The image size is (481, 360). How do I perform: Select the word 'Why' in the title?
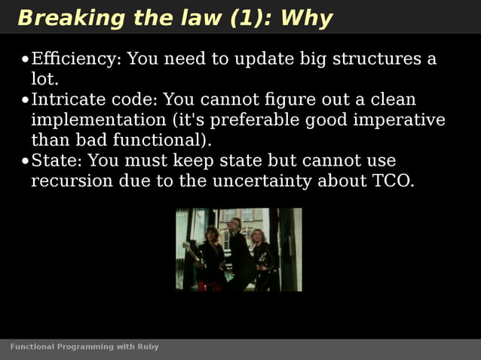click(306, 18)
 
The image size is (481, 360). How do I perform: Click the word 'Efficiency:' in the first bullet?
click(74, 59)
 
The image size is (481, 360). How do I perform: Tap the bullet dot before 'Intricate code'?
click(25, 100)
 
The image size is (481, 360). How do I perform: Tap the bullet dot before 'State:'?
click(25, 161)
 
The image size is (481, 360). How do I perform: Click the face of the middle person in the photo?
click(235, 224)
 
